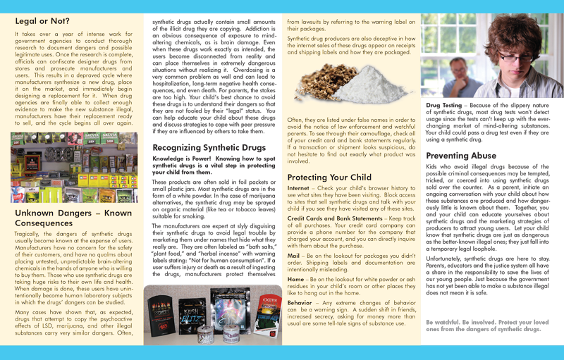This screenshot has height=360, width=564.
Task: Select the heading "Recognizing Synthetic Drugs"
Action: click(x=209, y=147)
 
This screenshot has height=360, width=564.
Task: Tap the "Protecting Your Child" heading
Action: click(x=329, y=177)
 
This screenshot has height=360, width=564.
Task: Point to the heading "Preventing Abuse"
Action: click(x=461, y=155)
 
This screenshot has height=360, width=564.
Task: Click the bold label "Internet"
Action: click(x=298, y=188)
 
